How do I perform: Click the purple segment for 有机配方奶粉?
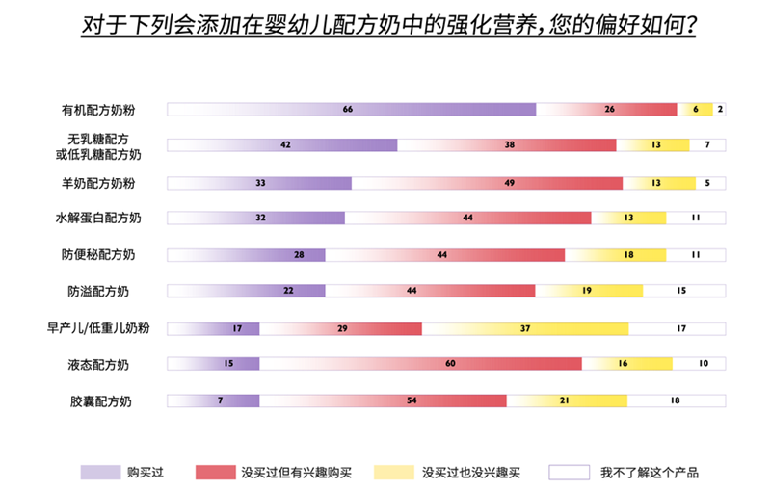(352, 110)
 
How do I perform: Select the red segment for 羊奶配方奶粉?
(487, 183)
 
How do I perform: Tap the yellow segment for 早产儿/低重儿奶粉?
(525, 329)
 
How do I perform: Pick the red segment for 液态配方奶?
(420, 364)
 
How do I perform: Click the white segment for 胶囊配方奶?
(676, 400)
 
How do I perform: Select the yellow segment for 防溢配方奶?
(589, 291)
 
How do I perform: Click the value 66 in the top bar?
(348, 110)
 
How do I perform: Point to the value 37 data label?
(525, 329)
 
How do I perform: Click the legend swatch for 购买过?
(100, 472)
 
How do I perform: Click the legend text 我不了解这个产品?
(650, 472)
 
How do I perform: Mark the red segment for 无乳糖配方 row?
(507, 145)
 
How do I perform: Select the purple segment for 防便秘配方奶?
(247, 255)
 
